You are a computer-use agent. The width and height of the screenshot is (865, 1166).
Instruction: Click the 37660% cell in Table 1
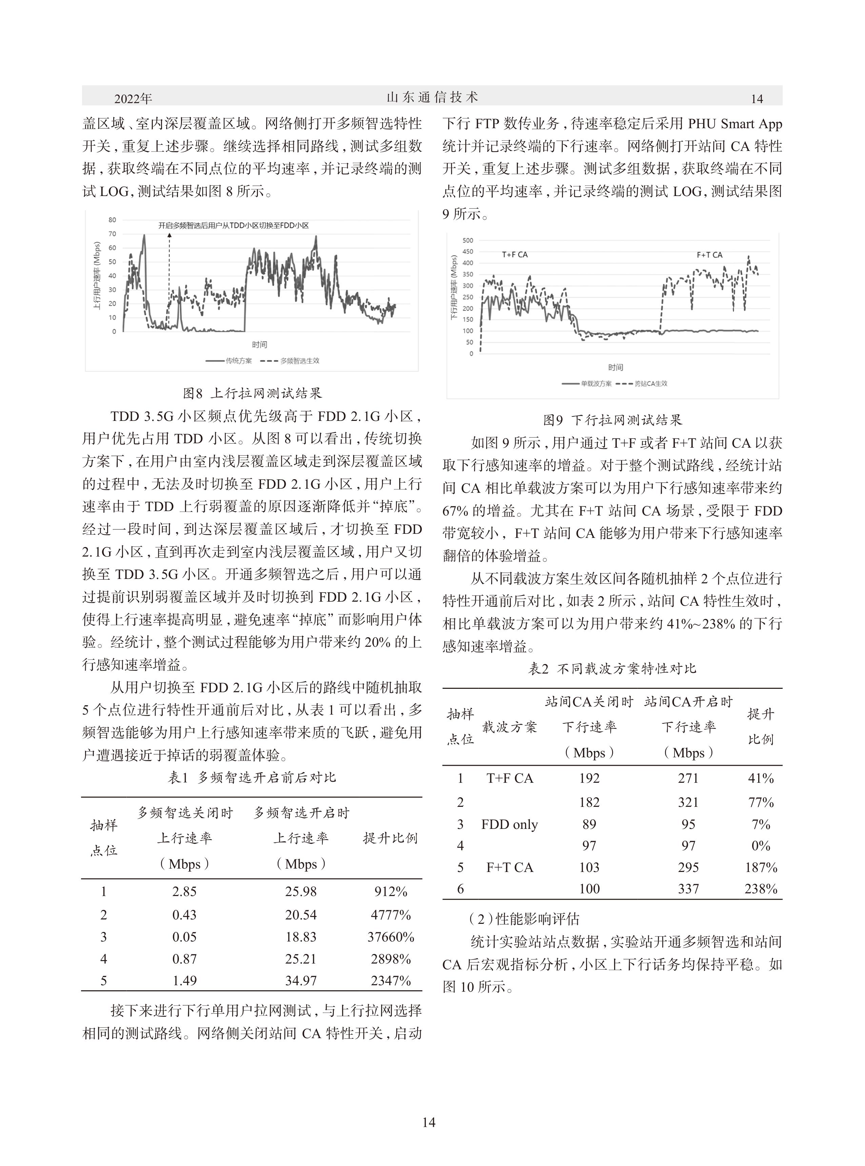(x=390, y=937)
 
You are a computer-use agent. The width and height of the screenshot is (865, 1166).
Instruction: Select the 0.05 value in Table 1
(x=184, y=937)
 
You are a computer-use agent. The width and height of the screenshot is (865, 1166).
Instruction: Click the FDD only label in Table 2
(x=509, y=824)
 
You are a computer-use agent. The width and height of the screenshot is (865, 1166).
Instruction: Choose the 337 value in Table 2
(x=688, y=889)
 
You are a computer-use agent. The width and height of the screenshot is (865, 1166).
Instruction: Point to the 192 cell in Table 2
(x=589, y=778)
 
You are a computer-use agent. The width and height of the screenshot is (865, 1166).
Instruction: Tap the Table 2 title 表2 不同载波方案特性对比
(x=612, y=668)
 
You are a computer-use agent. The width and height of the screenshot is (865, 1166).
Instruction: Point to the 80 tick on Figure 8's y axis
(x=113, y=220)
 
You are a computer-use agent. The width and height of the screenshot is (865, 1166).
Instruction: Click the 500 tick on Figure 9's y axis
(x=468, y=240)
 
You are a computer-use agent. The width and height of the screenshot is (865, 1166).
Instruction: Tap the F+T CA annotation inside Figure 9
(x=709, y=255)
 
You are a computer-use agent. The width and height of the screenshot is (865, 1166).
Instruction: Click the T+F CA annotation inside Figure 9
(x=515, y=255)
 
